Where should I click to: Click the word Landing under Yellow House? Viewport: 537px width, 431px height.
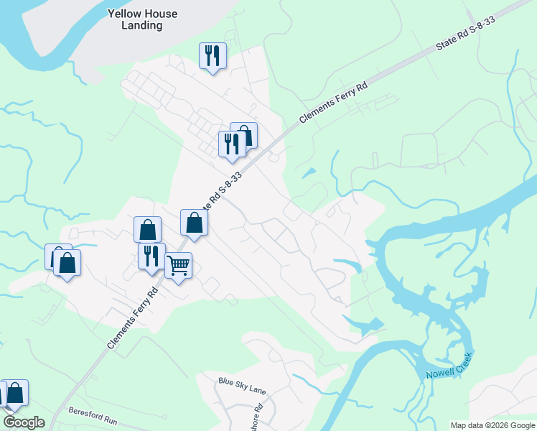142,25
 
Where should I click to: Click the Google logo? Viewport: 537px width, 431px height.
24,422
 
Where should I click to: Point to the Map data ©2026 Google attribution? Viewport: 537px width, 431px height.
492,425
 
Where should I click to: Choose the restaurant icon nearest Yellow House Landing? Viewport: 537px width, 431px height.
213,55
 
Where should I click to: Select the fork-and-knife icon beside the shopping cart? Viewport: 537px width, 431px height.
151,256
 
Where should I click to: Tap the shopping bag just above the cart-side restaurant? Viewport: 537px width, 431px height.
147,229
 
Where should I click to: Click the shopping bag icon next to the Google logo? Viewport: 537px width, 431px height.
15,392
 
